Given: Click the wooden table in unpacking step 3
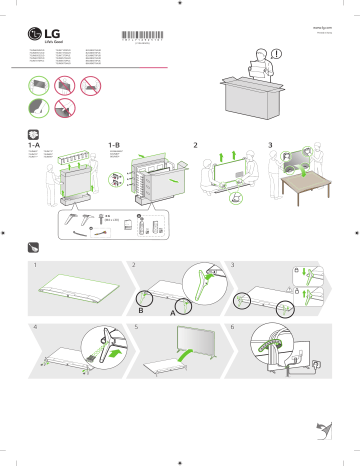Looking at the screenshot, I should (305, 190).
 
